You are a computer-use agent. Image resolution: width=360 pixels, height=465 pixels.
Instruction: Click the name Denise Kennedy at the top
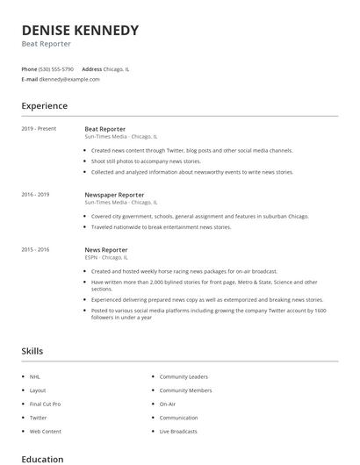tap(80, 31)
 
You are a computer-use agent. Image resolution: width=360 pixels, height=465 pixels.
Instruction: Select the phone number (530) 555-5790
tap(56, 68)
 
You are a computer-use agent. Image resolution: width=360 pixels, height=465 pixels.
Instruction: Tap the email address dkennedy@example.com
tap(69, 79)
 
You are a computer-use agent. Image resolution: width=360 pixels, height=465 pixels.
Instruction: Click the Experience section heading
tap(44, 106)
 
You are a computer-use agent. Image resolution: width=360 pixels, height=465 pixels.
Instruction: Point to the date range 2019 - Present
tap(39, 129)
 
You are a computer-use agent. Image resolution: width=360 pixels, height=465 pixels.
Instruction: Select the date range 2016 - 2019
tap(35, 195)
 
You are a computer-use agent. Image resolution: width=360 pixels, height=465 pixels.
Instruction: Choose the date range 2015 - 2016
tap(35, 250)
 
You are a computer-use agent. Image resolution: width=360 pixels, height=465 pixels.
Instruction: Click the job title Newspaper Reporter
tap(114, 195)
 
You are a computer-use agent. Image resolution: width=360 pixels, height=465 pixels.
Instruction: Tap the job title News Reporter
tap(106, 250)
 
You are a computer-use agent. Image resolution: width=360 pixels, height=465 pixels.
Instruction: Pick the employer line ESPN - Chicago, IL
tap(106, 258)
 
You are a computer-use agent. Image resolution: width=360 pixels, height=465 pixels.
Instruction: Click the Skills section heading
tap(32, 351)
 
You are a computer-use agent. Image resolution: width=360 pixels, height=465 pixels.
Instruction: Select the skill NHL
tap(35, 376)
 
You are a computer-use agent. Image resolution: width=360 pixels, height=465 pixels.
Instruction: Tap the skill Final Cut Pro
tap(45, 404)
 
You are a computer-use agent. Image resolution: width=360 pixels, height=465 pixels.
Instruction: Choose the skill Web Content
tap(46, 432)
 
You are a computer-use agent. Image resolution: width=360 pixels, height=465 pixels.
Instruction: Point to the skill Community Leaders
tap(184, 376)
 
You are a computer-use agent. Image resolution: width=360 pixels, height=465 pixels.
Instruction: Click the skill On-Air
tap(168, 404)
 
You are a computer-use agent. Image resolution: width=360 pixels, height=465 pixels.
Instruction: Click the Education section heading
tap(42, 459)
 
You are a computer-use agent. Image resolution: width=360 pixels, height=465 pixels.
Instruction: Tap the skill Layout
tap(38, 390)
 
